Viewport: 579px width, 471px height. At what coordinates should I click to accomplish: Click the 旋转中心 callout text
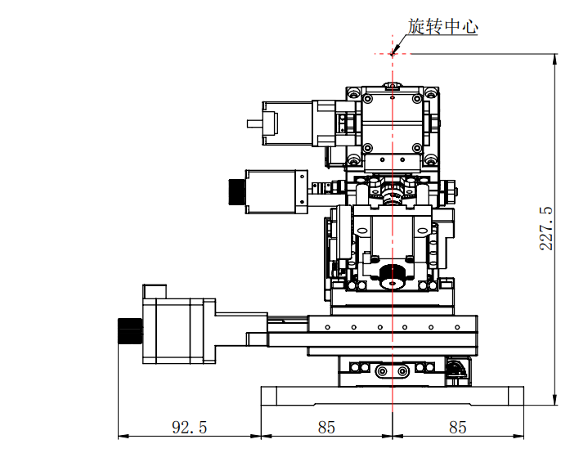click(x=442, y=27)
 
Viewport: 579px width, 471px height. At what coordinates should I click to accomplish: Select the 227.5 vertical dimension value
click(x=546, y=229)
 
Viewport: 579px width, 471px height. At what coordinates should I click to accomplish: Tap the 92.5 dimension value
click(x=190, y=428)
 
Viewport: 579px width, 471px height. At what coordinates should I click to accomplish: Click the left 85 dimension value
click(x=326, y=428)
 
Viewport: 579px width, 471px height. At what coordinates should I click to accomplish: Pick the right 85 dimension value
click(x=458, y=428)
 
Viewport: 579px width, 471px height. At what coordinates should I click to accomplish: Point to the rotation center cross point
click(x=393, y=54)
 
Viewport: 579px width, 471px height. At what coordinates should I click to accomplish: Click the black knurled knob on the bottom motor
click(x=130, y=330)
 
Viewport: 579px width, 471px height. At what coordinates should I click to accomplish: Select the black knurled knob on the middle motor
click(x=237, y=191)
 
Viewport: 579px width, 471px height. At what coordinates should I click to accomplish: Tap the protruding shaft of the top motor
click(x=255, y=123)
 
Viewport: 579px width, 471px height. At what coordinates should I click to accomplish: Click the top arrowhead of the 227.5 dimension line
click(x=554, y=59)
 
